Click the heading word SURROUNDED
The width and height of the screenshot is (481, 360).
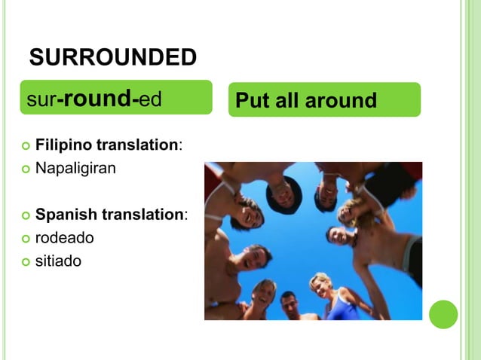pyautogui.click(x=112, y=56)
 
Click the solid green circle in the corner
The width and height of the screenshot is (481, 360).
pyautogui.click(x=443, y=314)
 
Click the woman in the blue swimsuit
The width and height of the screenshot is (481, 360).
pyautogui.click(x=330, y=297)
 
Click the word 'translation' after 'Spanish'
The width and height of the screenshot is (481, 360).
pyautogui.click(x=142, y=215)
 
